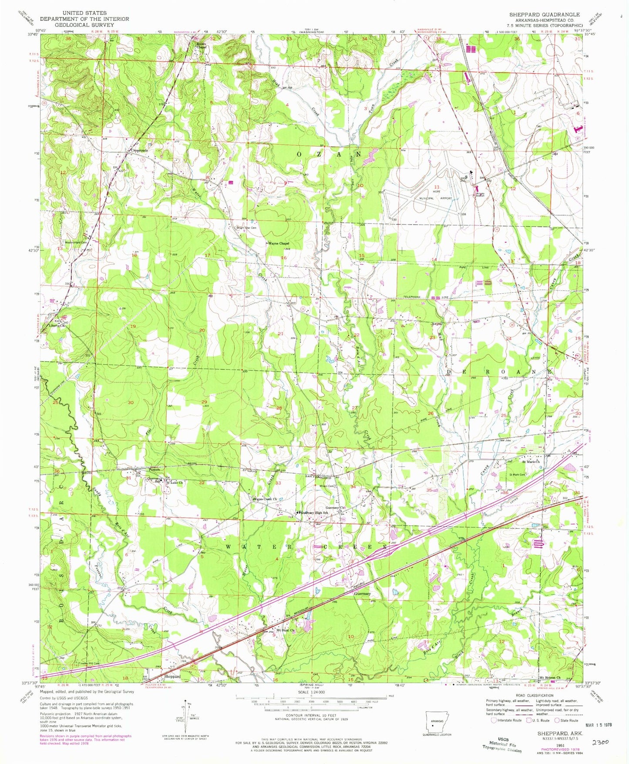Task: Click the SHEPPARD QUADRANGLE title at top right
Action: point(544,14)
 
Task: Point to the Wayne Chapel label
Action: point(279,243)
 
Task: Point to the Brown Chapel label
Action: point(201,46)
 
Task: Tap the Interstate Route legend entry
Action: point(507,720)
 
